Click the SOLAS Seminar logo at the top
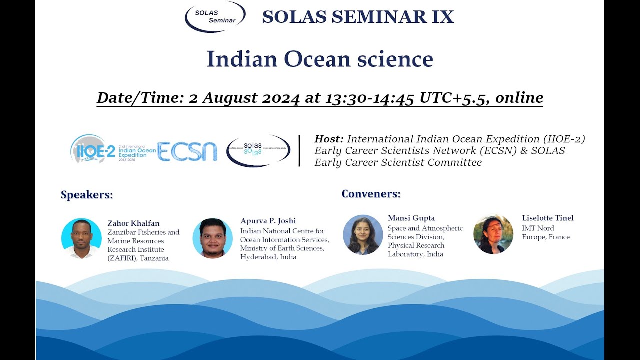tap(215, 16)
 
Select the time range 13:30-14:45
tap(370, 98)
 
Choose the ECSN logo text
tap(187, 151)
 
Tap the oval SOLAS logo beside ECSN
tap(258, 150)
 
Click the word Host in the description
tap(329, 139)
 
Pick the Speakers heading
tap(87, 195)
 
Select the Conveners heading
tap(371, 193)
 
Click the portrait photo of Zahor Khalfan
tap(81, 238)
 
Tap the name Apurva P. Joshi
tap(268, 221)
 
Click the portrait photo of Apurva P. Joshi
tap(212, 238)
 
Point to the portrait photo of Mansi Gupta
tap(363, 234)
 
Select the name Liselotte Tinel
tap(547, 218)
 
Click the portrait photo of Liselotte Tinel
tap(493, 234)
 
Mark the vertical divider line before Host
tap(299, 150)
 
